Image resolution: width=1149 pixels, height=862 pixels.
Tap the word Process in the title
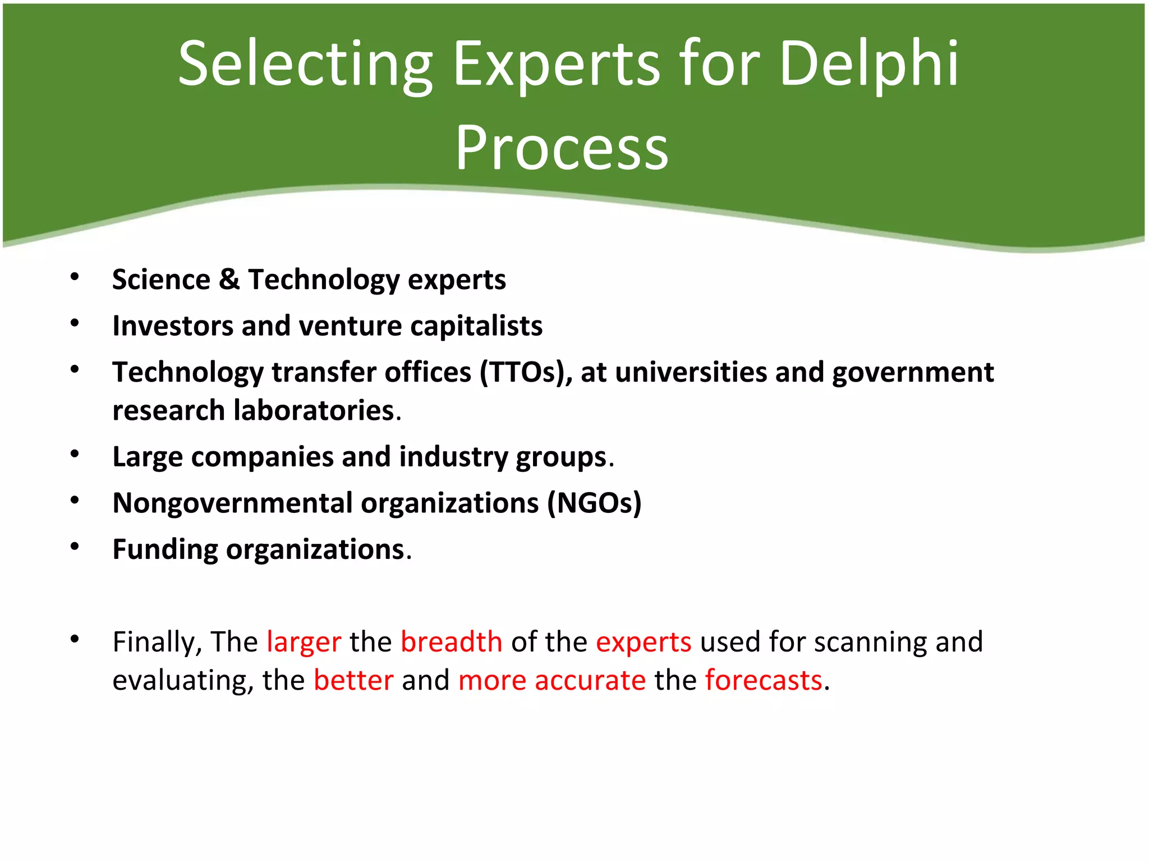[x=562, y=148]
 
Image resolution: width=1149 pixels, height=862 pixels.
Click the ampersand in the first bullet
[x=229, y=279]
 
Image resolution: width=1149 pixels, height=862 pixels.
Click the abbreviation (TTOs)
[x=525, y=372]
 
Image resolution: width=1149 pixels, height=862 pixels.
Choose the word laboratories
[x=314, y=410]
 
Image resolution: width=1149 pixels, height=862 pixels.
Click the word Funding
[x=165, y=550]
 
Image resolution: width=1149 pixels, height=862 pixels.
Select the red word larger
[x=304, y=642]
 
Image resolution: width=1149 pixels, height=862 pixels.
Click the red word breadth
[x=451, y=642]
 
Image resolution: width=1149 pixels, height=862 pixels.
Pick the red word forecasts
[x=763, y=680]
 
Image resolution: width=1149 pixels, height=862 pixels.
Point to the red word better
[x=353, y=680]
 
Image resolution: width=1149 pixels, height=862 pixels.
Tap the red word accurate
[x=590, y=680]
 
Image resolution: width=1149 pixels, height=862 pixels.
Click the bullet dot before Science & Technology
[x=75, y=276]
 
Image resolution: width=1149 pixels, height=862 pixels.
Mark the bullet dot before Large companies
[x=75, y=453]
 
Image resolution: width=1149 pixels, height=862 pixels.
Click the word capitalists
[x=476, y=325]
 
